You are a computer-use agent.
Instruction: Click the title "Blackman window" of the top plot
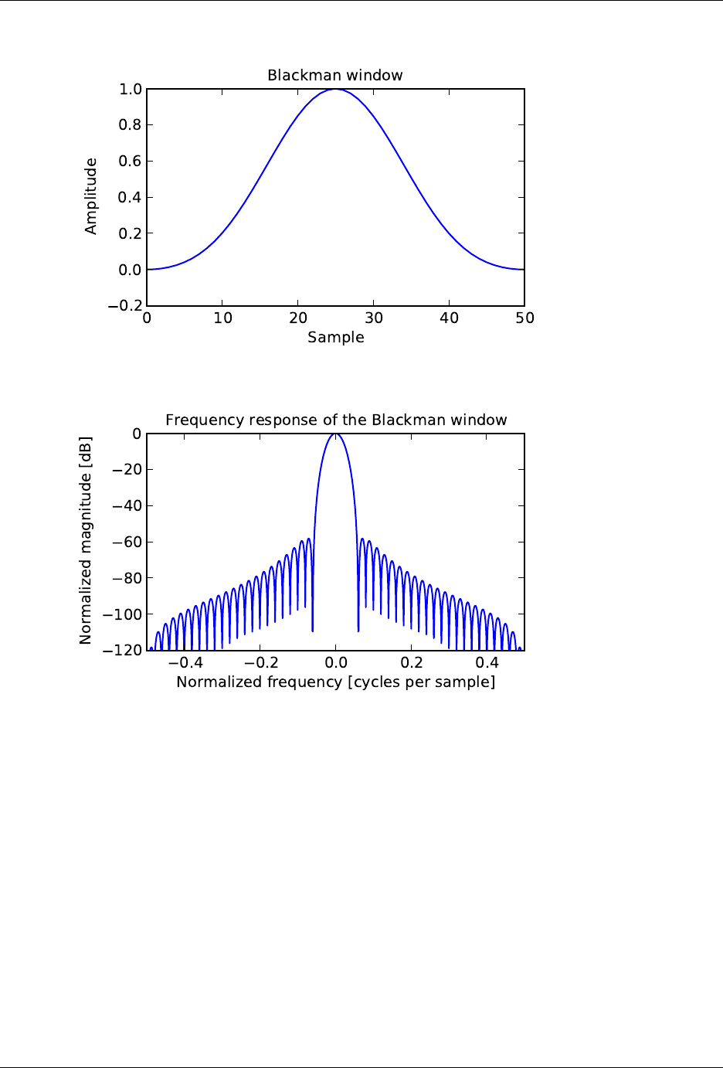pos(335,75)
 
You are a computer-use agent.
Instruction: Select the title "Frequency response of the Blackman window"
pos(336,420)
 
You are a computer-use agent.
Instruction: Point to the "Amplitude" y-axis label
pos(91,196)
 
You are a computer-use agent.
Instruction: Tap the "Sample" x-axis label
pos(336,337)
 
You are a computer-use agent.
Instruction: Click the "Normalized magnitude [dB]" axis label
pos(86,540)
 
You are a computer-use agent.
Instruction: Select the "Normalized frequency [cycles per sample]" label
pos(336,682)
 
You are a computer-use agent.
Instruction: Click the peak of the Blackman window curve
pos(336,90)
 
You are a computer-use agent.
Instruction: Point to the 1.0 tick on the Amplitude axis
pos(131,90)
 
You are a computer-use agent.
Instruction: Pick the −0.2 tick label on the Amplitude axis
pos(124,306)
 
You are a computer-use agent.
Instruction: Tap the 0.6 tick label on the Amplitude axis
pos(131,162)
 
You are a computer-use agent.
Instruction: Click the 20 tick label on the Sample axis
pos(298,318)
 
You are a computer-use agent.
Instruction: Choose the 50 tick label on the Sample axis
pos(524,318)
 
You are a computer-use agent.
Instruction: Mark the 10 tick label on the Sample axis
pos(222,318)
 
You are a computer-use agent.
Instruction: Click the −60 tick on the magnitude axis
pos(127,542)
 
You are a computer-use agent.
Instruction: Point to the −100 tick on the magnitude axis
pos(124,614)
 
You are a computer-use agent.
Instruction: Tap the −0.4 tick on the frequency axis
pos(185,663)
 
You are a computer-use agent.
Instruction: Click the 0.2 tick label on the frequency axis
pos(412,663)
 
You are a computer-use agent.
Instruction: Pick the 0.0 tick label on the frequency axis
pos(336,663)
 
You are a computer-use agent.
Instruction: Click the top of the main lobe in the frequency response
pos(336,434)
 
